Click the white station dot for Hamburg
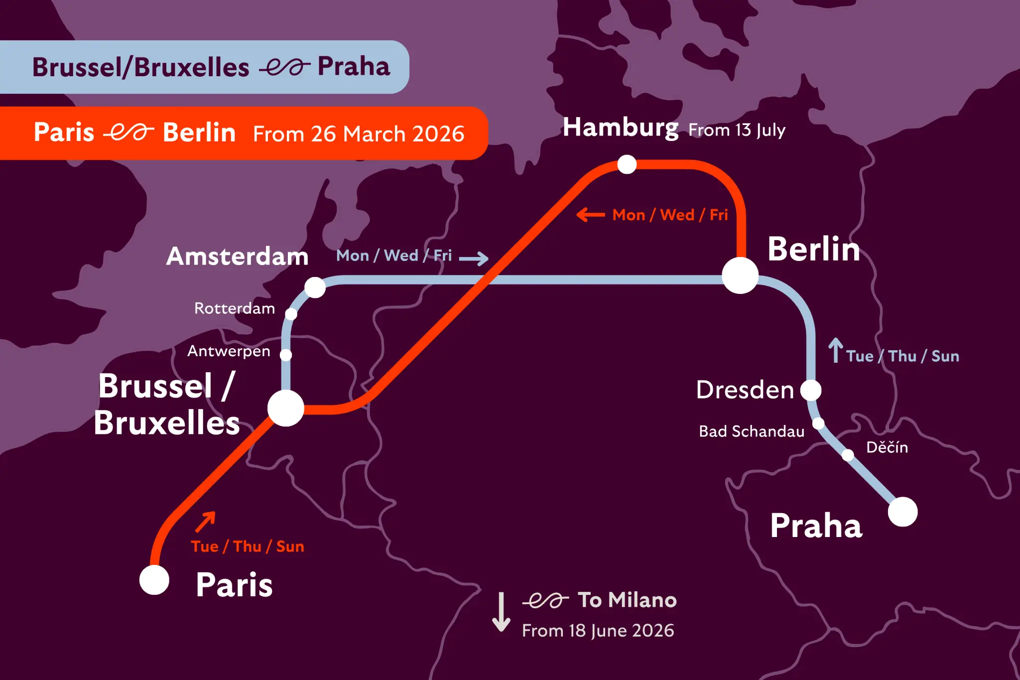(x=627, y=164)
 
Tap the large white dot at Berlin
(x=740, y=275)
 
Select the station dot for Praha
(x=902, y=512)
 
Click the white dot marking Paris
(x=154, y=580)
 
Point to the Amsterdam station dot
(x=315, y=287)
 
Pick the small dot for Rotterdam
(x=291, y=314)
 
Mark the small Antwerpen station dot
(x=286, y=355)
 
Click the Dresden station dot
(x=811, y=390)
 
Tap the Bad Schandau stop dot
(x=818, y=423)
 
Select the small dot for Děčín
(x=848, y=455)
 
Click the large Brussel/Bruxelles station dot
(x=286, y=408)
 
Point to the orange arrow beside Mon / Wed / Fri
(x=591, y=215)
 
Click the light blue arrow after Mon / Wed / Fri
(x=473, y=258)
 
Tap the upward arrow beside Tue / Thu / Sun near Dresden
(x=835, y=350)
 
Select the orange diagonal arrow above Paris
(x=205, y=522)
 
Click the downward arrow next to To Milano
(x=501, y=612)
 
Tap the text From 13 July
(x=737, y=130)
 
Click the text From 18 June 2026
(x=598, y=631)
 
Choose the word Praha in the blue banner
(x=354, y=66)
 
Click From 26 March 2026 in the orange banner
(x=359, y=134)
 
